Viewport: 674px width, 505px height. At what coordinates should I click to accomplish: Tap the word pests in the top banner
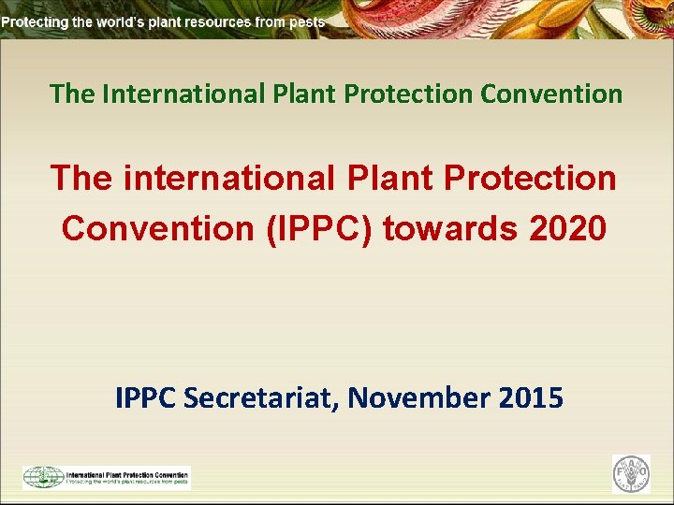click(306, 21)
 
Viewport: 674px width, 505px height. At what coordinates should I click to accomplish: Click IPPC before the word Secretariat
click(147, 398)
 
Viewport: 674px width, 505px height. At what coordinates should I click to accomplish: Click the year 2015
click(531, 398)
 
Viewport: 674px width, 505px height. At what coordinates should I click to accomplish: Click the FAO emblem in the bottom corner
click(631, 473)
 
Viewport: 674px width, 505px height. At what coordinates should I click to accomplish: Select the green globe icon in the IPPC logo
click(43, 477)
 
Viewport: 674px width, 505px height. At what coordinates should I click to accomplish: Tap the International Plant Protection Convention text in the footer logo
click(127, 473)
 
